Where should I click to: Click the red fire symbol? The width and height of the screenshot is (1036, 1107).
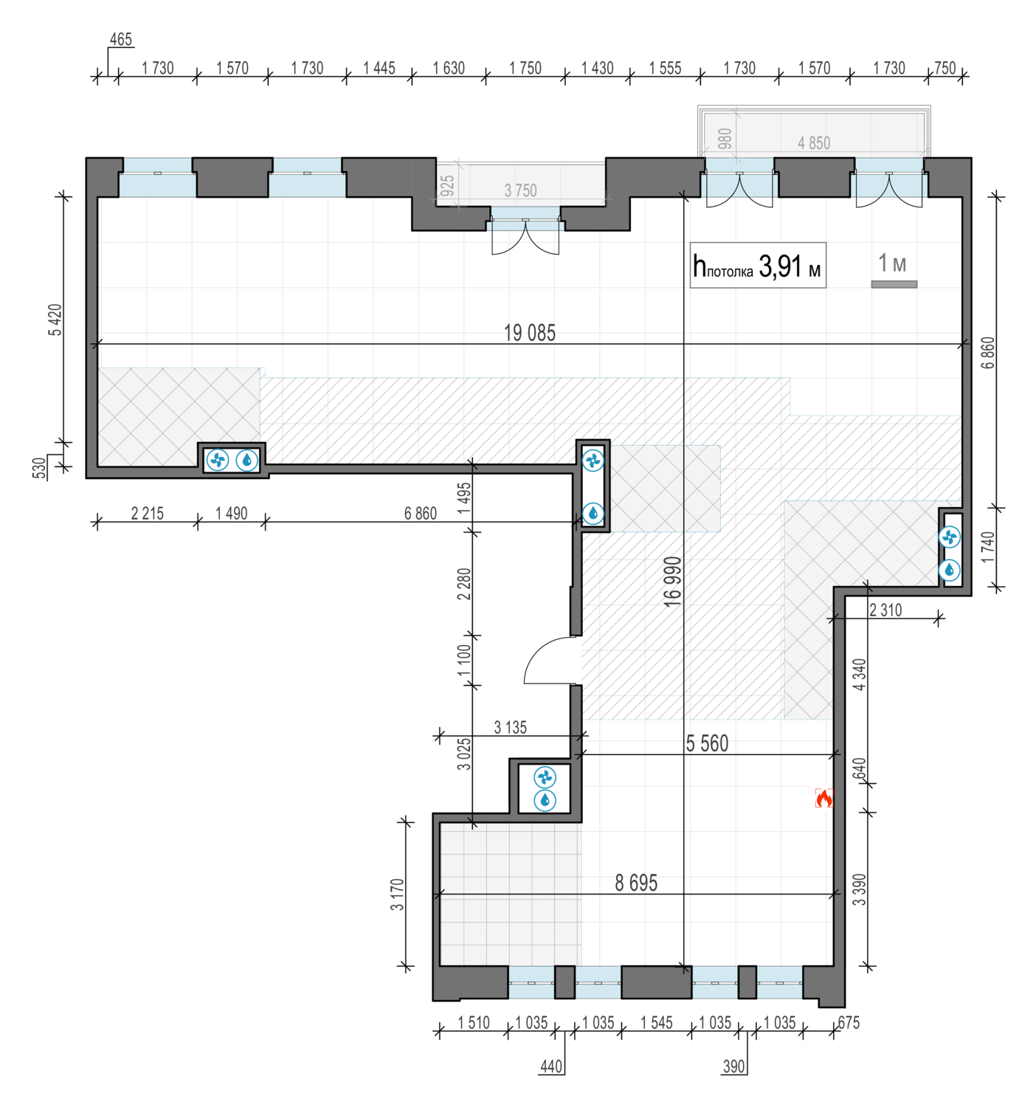pyautogui.click(x=823, y=799)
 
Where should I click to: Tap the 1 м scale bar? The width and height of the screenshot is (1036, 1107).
pyautogui.click(x=894, y=284)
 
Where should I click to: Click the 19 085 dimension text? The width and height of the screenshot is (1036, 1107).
pyautogui.click(x=529, y=333)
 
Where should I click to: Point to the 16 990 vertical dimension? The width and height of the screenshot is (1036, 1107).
pyautogui.click(x=672, y=582)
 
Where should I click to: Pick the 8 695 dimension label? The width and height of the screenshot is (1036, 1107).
pyautogui.click(x=635, y=883)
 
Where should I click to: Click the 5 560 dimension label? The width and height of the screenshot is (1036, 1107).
pyautogui.click(x=706, y=744)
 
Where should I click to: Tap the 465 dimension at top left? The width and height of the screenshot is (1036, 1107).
pyautogui.click(x=120, y=40)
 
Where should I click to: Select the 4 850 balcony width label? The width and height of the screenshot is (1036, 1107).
pyautogui.click(x=813, y=143)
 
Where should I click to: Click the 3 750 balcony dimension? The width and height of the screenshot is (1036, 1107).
pyautogui.click(x=520, y=190)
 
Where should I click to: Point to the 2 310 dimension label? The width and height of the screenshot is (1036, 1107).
pyautogui.click(x=885, y=610)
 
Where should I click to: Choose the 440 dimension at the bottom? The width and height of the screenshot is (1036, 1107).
pyautogui.click(x=551, y=1066)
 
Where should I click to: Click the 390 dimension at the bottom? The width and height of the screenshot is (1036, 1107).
pyautogui.click(x=733, y=1066)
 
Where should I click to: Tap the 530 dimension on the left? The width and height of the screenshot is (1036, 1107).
pyautogui.click(x=38, y=468)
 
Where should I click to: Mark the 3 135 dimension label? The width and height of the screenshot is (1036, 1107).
pyautogui.click(x=510, y=728)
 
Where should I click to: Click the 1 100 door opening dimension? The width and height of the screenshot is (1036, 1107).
pyautogui.click(x=464, y=661)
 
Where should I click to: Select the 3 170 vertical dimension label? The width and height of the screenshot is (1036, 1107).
pyautogui.click(x=396, y=894)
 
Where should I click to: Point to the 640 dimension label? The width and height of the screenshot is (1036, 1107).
pyautogui.click(x=859, y=769)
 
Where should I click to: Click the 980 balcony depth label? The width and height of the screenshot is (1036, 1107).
pyautogui.click(x=725, y=139)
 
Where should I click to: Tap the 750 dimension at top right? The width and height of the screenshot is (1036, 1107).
pyautogui.click(x=945, y=68)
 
